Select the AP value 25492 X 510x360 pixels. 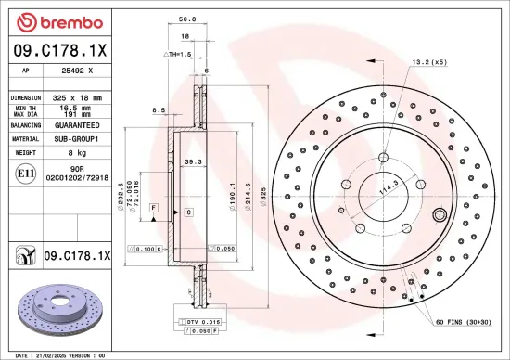(x=76, y=70)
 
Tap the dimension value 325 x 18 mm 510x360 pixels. (x=76, y=96)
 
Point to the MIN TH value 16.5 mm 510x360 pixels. (x=76, y=109)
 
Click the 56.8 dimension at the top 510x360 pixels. (x=185, y=19)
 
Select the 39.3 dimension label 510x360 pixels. (x=193, y=161)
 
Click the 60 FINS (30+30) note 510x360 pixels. (x=466, y=322)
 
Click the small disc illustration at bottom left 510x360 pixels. (x=56, y=309)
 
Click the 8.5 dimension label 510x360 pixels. (x=159, y=110)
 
